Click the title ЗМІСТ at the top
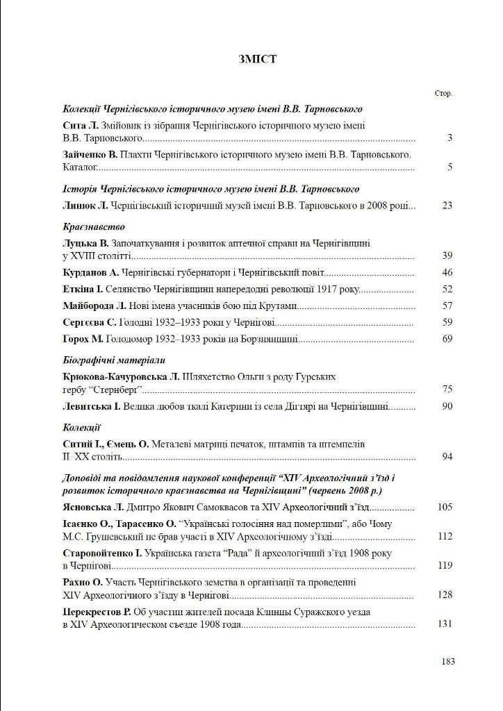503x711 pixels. [x=257, y=60]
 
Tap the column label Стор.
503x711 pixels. [x=444, y=94]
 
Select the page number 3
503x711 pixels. [x=450, y=138]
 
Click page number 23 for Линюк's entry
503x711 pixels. [x=447, y=206]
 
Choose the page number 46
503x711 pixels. [x=447, y=274]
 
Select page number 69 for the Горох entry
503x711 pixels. [x=447, y=339]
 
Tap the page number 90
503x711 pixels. [x=447, y=406]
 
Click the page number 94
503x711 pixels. [x=447, y=457]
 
